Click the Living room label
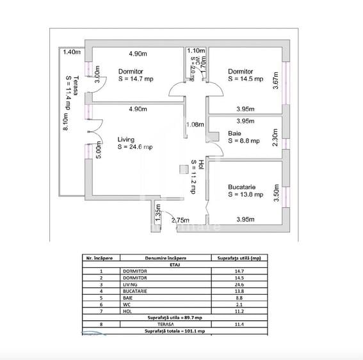point(127,138)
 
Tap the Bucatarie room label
point(243,187)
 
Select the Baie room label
point(234,134)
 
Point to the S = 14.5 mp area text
point(245,79)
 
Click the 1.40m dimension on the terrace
point(72,52)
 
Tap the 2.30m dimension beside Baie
point(275,138)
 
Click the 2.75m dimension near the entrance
point(182,220)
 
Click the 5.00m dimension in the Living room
point(98,149)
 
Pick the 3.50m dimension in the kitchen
point(277,192)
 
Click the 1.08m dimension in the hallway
point(195,124)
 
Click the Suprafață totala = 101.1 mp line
point(174,331)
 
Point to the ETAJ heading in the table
point(175,264)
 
